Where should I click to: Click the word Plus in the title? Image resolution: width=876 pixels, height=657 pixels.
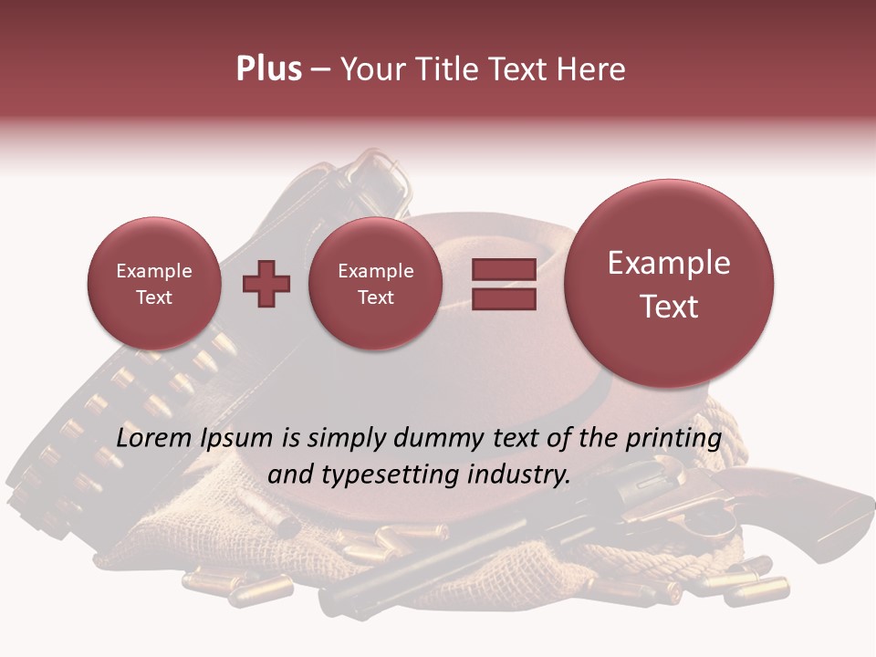click(268, 69)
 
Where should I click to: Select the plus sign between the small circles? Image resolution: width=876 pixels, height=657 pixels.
click(266, 284)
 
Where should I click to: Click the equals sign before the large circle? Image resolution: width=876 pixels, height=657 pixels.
click(504, 284)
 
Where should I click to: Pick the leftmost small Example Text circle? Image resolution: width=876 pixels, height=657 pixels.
click(154, 284)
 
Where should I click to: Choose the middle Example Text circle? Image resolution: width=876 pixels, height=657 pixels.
click(376, 284)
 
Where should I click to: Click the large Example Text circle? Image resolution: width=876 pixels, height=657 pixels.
click(669, 284)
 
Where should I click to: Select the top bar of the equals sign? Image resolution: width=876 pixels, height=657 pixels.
click(504, 269)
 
